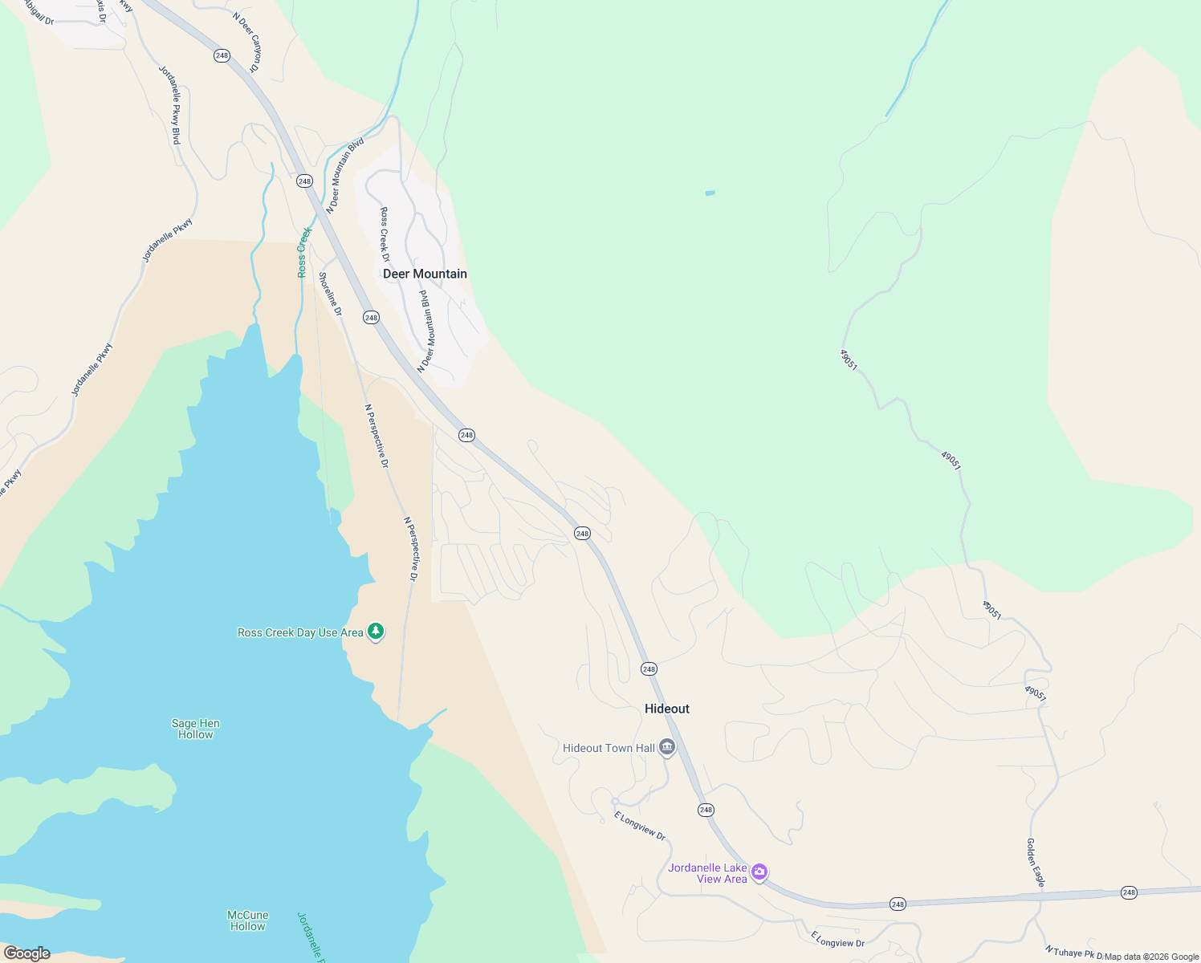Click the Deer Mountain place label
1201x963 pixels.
pos(425,274)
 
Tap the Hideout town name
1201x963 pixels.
pos(666,709)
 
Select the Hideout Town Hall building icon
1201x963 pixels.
pos(666,748)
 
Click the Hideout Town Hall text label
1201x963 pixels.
pos(609,748)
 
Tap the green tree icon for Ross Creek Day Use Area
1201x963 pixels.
pos(375,632)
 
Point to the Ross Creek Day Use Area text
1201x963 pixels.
pos(300,632)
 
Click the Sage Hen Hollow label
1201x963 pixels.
pos(195,729)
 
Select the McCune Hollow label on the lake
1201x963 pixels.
pos(247,920)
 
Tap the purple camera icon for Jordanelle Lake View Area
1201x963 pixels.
pos(759,872)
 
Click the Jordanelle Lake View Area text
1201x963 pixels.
pos(708,873)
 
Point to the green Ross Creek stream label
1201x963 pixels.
pos(303,252)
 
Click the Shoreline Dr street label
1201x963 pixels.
pos(330,294)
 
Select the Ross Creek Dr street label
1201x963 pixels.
pos(385,235)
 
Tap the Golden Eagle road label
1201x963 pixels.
pos(1036,863)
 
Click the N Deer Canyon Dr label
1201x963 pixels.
pos(246,43)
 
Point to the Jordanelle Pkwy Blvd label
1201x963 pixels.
pos(169,105)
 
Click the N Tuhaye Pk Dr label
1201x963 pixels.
pos(1074,952)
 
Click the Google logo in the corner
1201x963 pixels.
pos(26,953)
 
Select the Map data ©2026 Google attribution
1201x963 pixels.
pos(1151,957)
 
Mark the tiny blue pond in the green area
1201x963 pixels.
pos(710,193)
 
